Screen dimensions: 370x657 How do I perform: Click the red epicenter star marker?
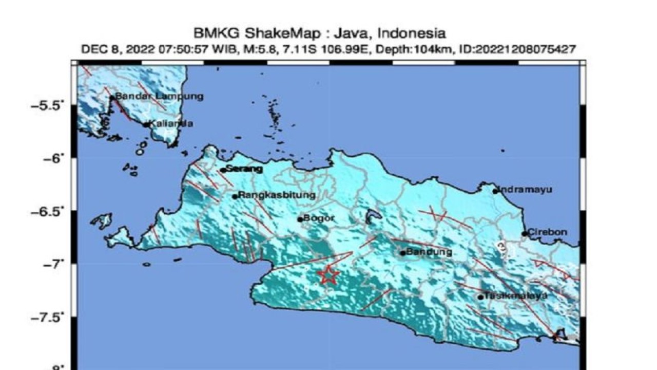328,275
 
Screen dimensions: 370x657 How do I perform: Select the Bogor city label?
319,218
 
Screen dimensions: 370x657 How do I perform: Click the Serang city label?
245,169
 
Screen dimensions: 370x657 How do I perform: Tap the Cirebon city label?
548,232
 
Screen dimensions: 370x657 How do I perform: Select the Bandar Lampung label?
159,96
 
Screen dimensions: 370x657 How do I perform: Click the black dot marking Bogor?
300,219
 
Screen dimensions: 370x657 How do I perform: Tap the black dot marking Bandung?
402,253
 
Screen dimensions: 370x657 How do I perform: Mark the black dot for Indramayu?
495,191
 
